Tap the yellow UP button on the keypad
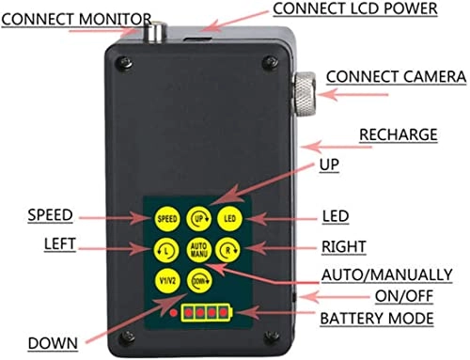pyautogui.click(x=199, y=219)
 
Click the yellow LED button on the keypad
pyautogui.click(x=229, y=219)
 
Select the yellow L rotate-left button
pyautogui.click(x=166, y=250)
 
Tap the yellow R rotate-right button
pyautogui.click(x=228, y=250)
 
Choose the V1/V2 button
pyautogui.click(x=167, y=280)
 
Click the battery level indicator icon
pyautogui.click(x=207, y=312)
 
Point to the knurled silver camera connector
pyautogui.click(x=304, y=94)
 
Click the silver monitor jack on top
pyautogui.click(x=156, y=31)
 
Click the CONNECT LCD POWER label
pyautogui.click(x=355, y=8)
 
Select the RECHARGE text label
pyautogui.click(x=399, y=134)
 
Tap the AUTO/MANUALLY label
pyautogui.click(x=387, y=274)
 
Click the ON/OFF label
pyautogui.click(x=404, y=296)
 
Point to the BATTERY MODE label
pyautogui.click(x=377, y=319)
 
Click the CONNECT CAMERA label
pyautogui.click(x=396, y=77)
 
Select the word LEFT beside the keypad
pyautogui.click(x=59, y=244)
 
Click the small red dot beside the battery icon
pyautogui.click(x=173, y=313)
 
